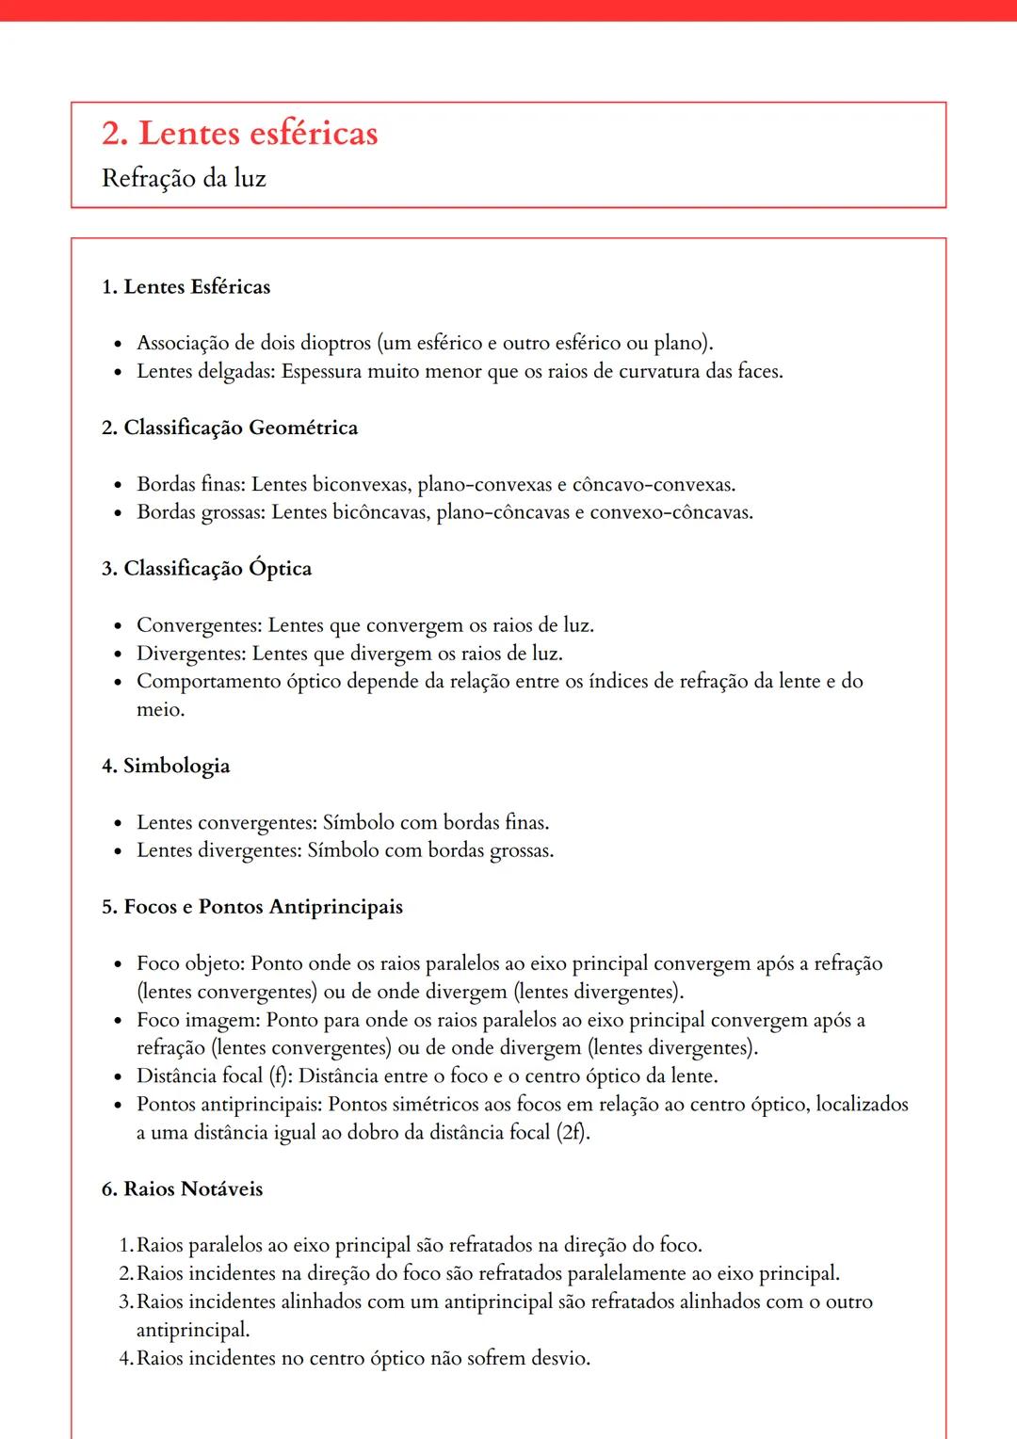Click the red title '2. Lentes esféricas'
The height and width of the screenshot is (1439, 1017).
point(239,134)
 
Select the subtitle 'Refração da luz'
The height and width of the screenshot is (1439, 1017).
point(184,178)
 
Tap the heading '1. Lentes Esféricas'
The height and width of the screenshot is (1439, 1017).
point(186,287)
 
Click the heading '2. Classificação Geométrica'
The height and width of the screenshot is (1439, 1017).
point(230,428)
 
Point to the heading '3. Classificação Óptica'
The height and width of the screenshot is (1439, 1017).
point(206,569)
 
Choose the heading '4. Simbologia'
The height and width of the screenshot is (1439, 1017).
point(165,766)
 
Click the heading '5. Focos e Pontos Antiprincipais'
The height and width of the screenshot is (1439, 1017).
point(251,907)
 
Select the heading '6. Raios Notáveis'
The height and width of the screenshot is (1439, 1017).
point(182,1189)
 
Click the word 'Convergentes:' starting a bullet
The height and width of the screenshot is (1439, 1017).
point(200,625)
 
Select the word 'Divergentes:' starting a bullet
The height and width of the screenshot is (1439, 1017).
point(191,654)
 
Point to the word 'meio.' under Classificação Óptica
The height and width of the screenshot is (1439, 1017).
point(161,710)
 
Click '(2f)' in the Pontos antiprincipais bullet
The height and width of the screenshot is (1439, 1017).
point(573,1133)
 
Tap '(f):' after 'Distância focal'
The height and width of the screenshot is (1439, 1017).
point(281,1076)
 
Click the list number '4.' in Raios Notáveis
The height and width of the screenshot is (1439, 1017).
point(126,1359)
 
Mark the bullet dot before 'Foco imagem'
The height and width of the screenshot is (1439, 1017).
point(118,1022)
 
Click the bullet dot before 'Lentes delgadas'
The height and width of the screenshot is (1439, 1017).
point(118,373)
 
